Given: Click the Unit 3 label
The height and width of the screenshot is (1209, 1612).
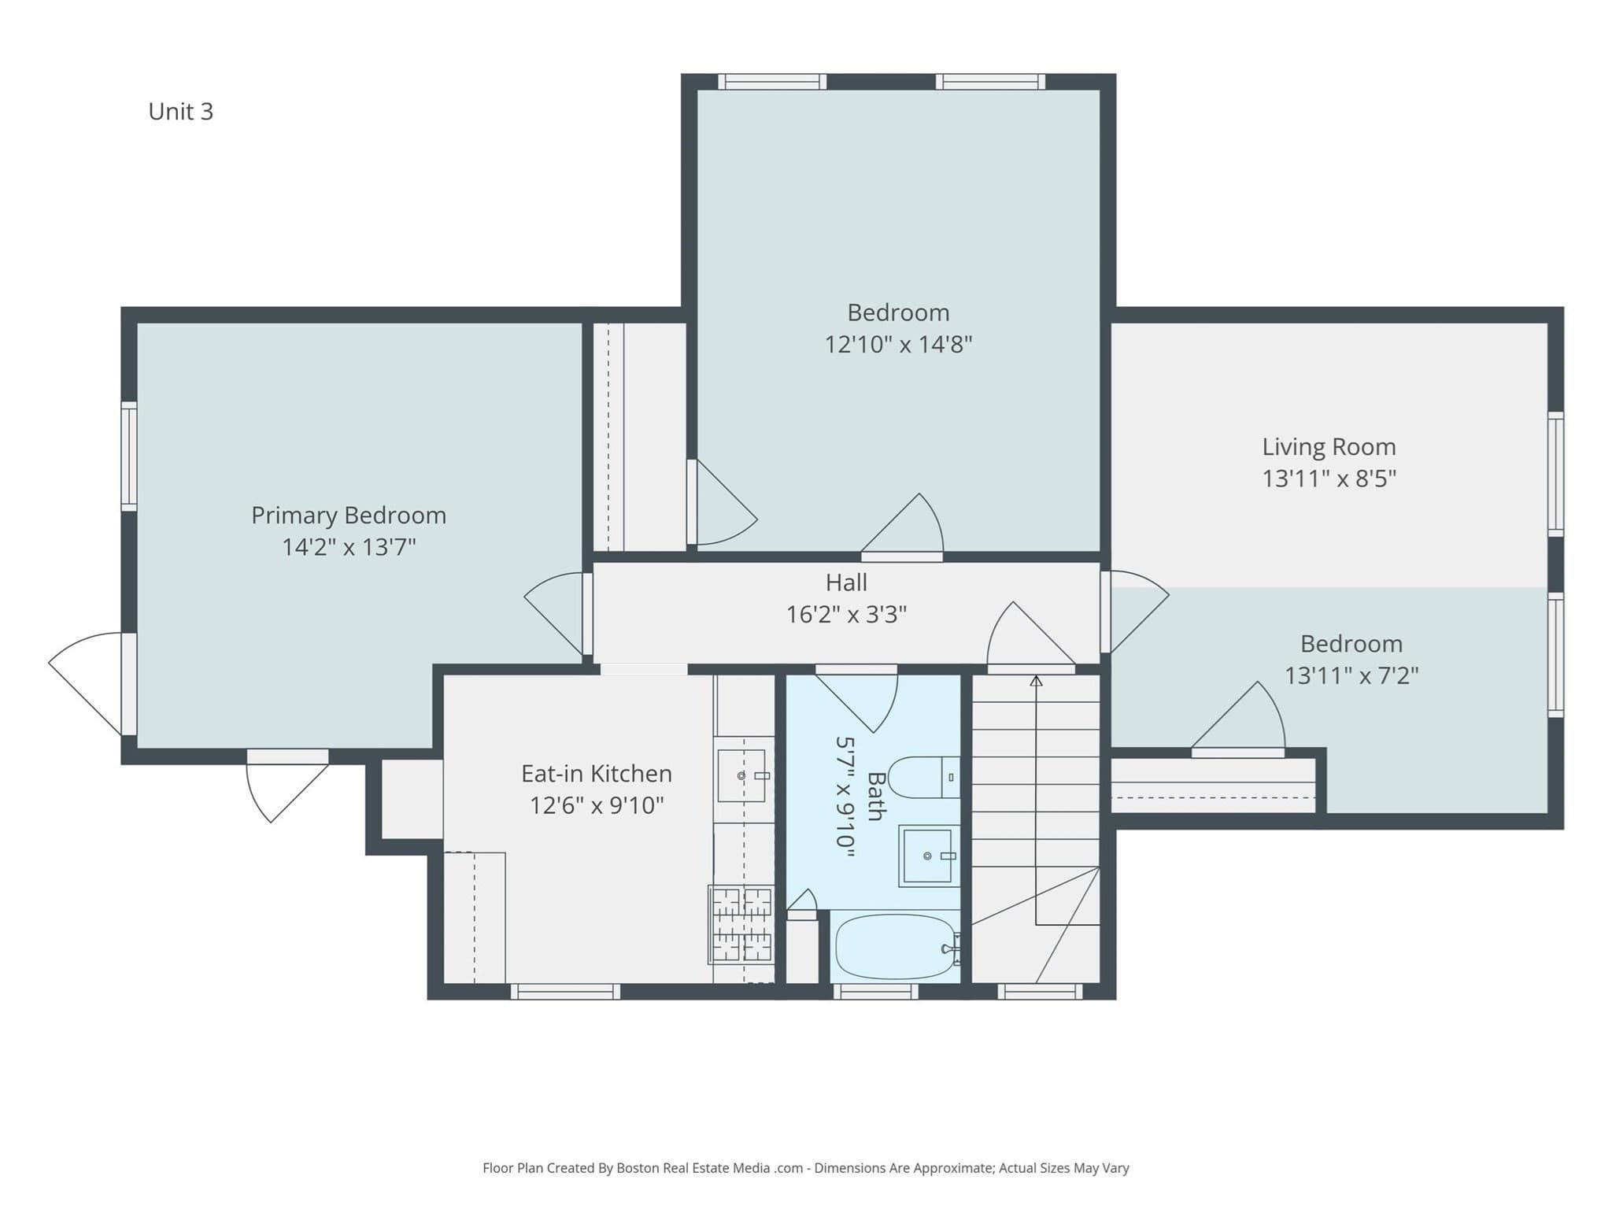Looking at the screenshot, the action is coord(180,112).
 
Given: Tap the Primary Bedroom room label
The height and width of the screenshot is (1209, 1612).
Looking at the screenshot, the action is coord(349,516).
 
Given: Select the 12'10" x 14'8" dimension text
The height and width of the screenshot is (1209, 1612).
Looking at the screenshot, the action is coord(898,344).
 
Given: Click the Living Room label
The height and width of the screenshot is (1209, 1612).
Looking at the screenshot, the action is coord(1329,447).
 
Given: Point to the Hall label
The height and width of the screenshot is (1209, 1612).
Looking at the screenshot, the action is coord(846,582).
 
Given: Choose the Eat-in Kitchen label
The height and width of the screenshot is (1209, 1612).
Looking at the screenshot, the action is coord(597,774).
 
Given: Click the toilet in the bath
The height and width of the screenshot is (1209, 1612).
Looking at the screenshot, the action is coord(923,778).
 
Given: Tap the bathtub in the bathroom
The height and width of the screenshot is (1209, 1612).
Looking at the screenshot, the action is coord(896,946).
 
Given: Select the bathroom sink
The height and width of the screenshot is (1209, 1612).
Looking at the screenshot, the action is coord(929,856).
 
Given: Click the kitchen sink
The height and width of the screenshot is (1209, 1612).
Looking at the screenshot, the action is coord(741,775).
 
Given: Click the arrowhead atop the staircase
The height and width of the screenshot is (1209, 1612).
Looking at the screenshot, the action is coord(1036,681).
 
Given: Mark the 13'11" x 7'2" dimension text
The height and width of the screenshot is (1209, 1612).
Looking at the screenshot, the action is coord(1351,675).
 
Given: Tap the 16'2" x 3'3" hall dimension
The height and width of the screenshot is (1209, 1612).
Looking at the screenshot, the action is coord(846,614).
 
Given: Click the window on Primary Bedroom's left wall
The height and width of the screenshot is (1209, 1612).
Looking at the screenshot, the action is coord(128,457).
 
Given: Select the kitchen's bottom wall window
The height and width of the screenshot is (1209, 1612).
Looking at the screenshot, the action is coord(565,992).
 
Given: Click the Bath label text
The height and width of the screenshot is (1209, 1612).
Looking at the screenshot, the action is coord(875,796).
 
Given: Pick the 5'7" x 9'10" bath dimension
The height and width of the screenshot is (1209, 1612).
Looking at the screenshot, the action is coord(845,796).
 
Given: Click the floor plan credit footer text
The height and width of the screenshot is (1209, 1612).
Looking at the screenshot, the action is coord(806,1168).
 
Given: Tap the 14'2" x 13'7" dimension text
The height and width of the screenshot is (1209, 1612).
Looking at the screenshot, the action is coord(349,547).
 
